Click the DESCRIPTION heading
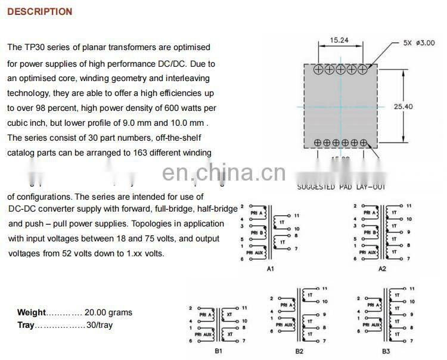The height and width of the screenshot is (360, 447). pyautogui.click(x=39, y=11)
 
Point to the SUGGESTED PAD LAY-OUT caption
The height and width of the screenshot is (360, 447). pyautogui.click(x=341, y=187)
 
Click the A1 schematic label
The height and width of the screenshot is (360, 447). pyautogui.click(x=270, y=269)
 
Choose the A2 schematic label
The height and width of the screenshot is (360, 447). pyautogui.click(x=382, y=269)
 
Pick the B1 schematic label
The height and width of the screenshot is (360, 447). pyautogui.click(x=219, y=351)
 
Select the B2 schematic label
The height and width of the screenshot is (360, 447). pyautogui.click(x=299, y=351)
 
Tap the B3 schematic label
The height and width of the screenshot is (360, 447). pyautogui.click(x=386, y=351)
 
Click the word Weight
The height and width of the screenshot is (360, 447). pyautogui.click(x=31, y=312)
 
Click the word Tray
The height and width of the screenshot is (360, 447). pyautogui.click(x=26, y=325)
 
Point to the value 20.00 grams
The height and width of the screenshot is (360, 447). pyautogui.click(x=108, y=312)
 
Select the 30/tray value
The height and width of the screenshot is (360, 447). pyautogui.click(x=99, y=325)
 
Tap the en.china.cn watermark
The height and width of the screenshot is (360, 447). pyautogui.click(x=223, y=173)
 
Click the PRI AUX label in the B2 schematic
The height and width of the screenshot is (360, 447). pyautogui.click(x=287, y=325)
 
